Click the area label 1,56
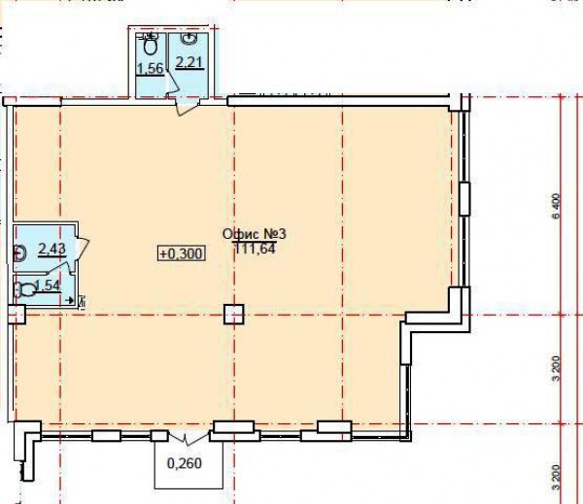click(151, 68)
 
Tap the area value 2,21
click(190, 62)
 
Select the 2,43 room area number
click(52, 249)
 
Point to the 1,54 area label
click(48, 286)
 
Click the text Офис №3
click(255, 234)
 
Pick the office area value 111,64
click(256, 248)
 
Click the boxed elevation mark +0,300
click(182, 253)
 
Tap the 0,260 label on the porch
click(185, 463)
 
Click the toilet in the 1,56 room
click(150, 43)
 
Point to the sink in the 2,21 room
click(189, 38)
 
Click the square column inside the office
click(234, 314)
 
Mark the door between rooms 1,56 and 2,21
click(172, 81)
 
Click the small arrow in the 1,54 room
click(69, 299)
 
